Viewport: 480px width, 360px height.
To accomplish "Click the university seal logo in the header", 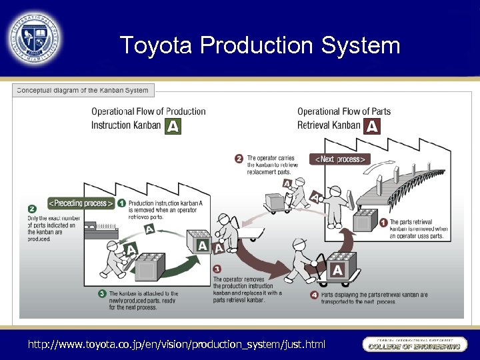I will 35,38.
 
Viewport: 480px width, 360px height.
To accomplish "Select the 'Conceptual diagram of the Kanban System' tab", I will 83,91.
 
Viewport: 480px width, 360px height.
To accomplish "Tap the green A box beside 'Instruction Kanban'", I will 173,126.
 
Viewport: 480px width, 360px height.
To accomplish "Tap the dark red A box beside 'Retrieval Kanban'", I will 372,126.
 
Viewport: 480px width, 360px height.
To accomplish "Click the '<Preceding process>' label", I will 80,203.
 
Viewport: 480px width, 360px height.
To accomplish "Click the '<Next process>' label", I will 339,159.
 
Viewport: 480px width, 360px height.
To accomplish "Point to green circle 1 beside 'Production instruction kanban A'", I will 121,203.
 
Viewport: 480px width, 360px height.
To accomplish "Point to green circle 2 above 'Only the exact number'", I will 32,209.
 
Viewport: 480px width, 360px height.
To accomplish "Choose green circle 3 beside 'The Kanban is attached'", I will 102,293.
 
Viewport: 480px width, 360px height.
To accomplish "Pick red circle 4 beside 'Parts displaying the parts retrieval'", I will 314,294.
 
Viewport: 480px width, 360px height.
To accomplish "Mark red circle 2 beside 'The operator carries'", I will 239,159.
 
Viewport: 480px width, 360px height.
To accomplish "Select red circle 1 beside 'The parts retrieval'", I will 383,223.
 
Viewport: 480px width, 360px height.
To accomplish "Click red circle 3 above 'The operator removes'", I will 217,270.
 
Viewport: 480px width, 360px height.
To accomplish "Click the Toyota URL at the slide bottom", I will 176,344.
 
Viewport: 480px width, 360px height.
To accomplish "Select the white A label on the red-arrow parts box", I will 337,270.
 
